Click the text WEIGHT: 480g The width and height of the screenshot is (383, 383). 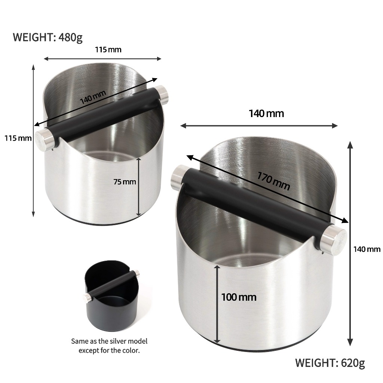(x=48, y=37)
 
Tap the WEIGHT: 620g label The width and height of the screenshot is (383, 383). (x=330, y=363)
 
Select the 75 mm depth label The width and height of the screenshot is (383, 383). (x=125, y=182)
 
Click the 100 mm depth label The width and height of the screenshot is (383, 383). (x=239, y=297)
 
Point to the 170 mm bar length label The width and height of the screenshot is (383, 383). (x=273, y=181)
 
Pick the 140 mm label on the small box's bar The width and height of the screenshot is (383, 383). (x=93, y=97)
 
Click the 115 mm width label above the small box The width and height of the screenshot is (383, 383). (x=108, y=50)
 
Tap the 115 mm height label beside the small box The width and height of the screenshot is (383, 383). (x=18, y=138)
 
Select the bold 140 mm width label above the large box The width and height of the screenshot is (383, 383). (x=266, y=114)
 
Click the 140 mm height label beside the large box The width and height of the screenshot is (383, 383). (x=367, y=249)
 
